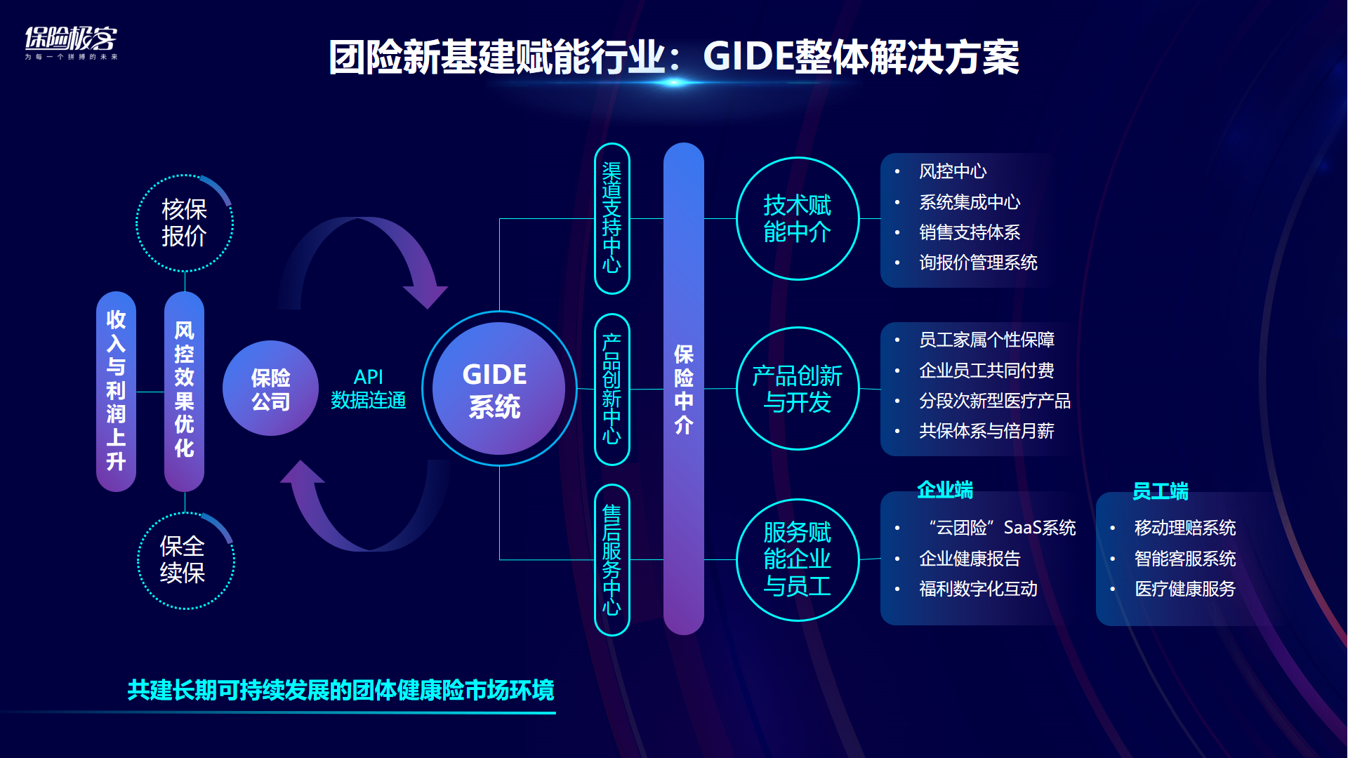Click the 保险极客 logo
71,42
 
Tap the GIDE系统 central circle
498,388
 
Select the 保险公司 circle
270,389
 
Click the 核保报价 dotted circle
184,223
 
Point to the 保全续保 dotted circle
185,560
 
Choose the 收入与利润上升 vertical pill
116,391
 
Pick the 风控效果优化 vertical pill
184,391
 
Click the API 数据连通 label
368,388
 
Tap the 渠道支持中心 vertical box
612,218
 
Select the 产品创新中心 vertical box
612,389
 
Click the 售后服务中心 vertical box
612,559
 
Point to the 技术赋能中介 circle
798,218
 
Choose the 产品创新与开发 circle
798,389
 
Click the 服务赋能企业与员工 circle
798,559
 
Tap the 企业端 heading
945,490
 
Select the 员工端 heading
1160,491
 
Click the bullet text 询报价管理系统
978,262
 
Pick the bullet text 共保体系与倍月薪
986,431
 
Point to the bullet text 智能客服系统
1185,559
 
